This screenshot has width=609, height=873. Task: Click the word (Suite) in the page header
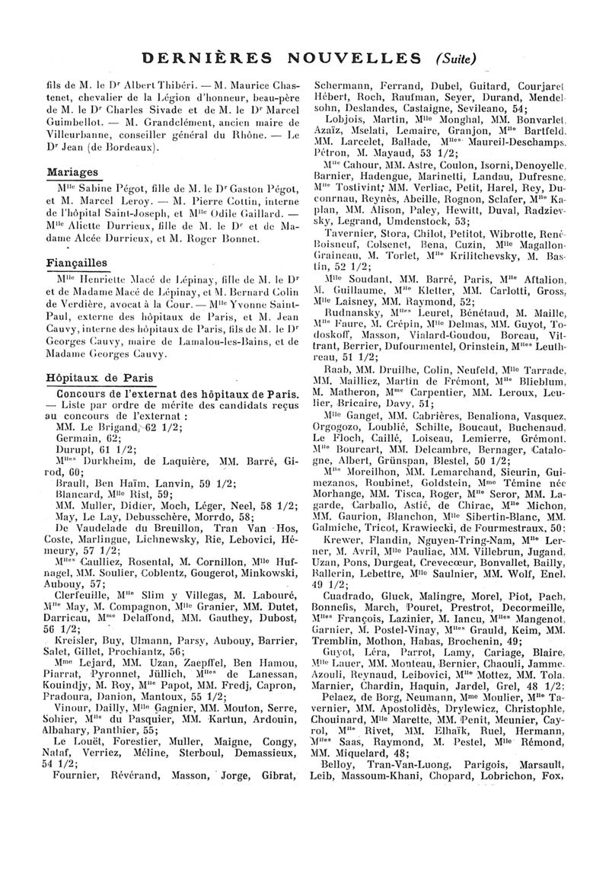tap(456, 58)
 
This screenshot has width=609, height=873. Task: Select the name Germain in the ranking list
tap(78, 439)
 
